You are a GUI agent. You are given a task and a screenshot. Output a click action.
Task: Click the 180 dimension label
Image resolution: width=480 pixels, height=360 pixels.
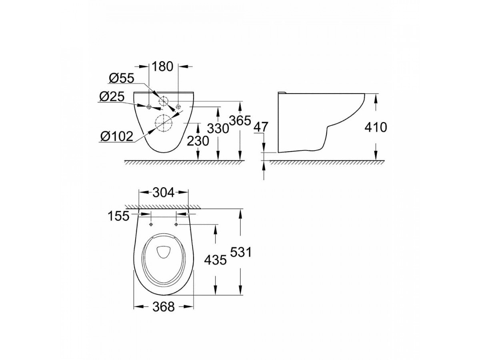(163, 66)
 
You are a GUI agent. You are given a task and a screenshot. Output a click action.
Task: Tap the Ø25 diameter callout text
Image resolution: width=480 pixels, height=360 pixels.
(112, 97)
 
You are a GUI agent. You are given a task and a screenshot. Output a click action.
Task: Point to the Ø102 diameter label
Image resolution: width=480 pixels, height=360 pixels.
(116, 136)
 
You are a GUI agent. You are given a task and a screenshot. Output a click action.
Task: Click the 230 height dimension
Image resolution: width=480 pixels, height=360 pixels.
(198, 141)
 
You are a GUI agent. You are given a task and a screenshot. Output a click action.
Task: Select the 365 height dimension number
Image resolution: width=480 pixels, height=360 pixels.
(240, 120)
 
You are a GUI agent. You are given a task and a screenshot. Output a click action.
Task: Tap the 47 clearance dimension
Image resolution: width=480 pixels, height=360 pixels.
(262, 127)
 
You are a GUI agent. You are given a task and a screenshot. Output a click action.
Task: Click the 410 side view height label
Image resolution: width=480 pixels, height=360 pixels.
(376, 127)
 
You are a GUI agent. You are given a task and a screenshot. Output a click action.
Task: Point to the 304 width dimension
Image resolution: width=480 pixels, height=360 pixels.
(163, 193)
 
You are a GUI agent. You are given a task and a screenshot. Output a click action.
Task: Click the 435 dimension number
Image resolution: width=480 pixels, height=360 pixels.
(215, 260)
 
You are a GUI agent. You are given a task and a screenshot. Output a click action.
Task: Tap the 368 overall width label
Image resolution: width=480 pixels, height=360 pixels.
(164, 307)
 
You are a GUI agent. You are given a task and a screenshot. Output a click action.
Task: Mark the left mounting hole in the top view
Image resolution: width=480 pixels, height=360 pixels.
(151, 224)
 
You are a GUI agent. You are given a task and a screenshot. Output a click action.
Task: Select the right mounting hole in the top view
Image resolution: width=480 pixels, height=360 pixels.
(176, 224)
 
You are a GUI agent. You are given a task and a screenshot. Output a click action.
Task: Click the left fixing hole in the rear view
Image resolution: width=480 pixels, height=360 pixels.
(149, 107)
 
